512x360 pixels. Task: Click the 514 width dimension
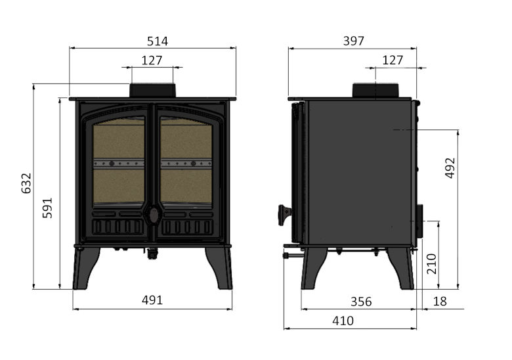click(157, 41)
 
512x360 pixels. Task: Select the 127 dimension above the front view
click(152, 60)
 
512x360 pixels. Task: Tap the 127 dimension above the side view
click(393, 60)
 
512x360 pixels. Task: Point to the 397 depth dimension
click(353, 41)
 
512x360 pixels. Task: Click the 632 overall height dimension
click(26, 183)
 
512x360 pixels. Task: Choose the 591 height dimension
click(47, 208)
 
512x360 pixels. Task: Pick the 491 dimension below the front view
click(152, 300)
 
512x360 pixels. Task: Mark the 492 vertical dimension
click(450, 168)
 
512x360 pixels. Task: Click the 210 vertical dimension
click(431, 263)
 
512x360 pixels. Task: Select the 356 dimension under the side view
click(361, 302)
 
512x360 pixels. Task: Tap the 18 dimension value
click(440, 302)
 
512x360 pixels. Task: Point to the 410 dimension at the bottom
click(343, 321)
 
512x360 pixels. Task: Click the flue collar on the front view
click(152, 91)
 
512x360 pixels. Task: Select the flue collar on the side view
click(375, 91)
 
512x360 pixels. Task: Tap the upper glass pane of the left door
click(118, 140)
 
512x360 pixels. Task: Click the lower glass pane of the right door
click(186, 186)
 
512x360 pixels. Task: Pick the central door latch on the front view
click(152, 214)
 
